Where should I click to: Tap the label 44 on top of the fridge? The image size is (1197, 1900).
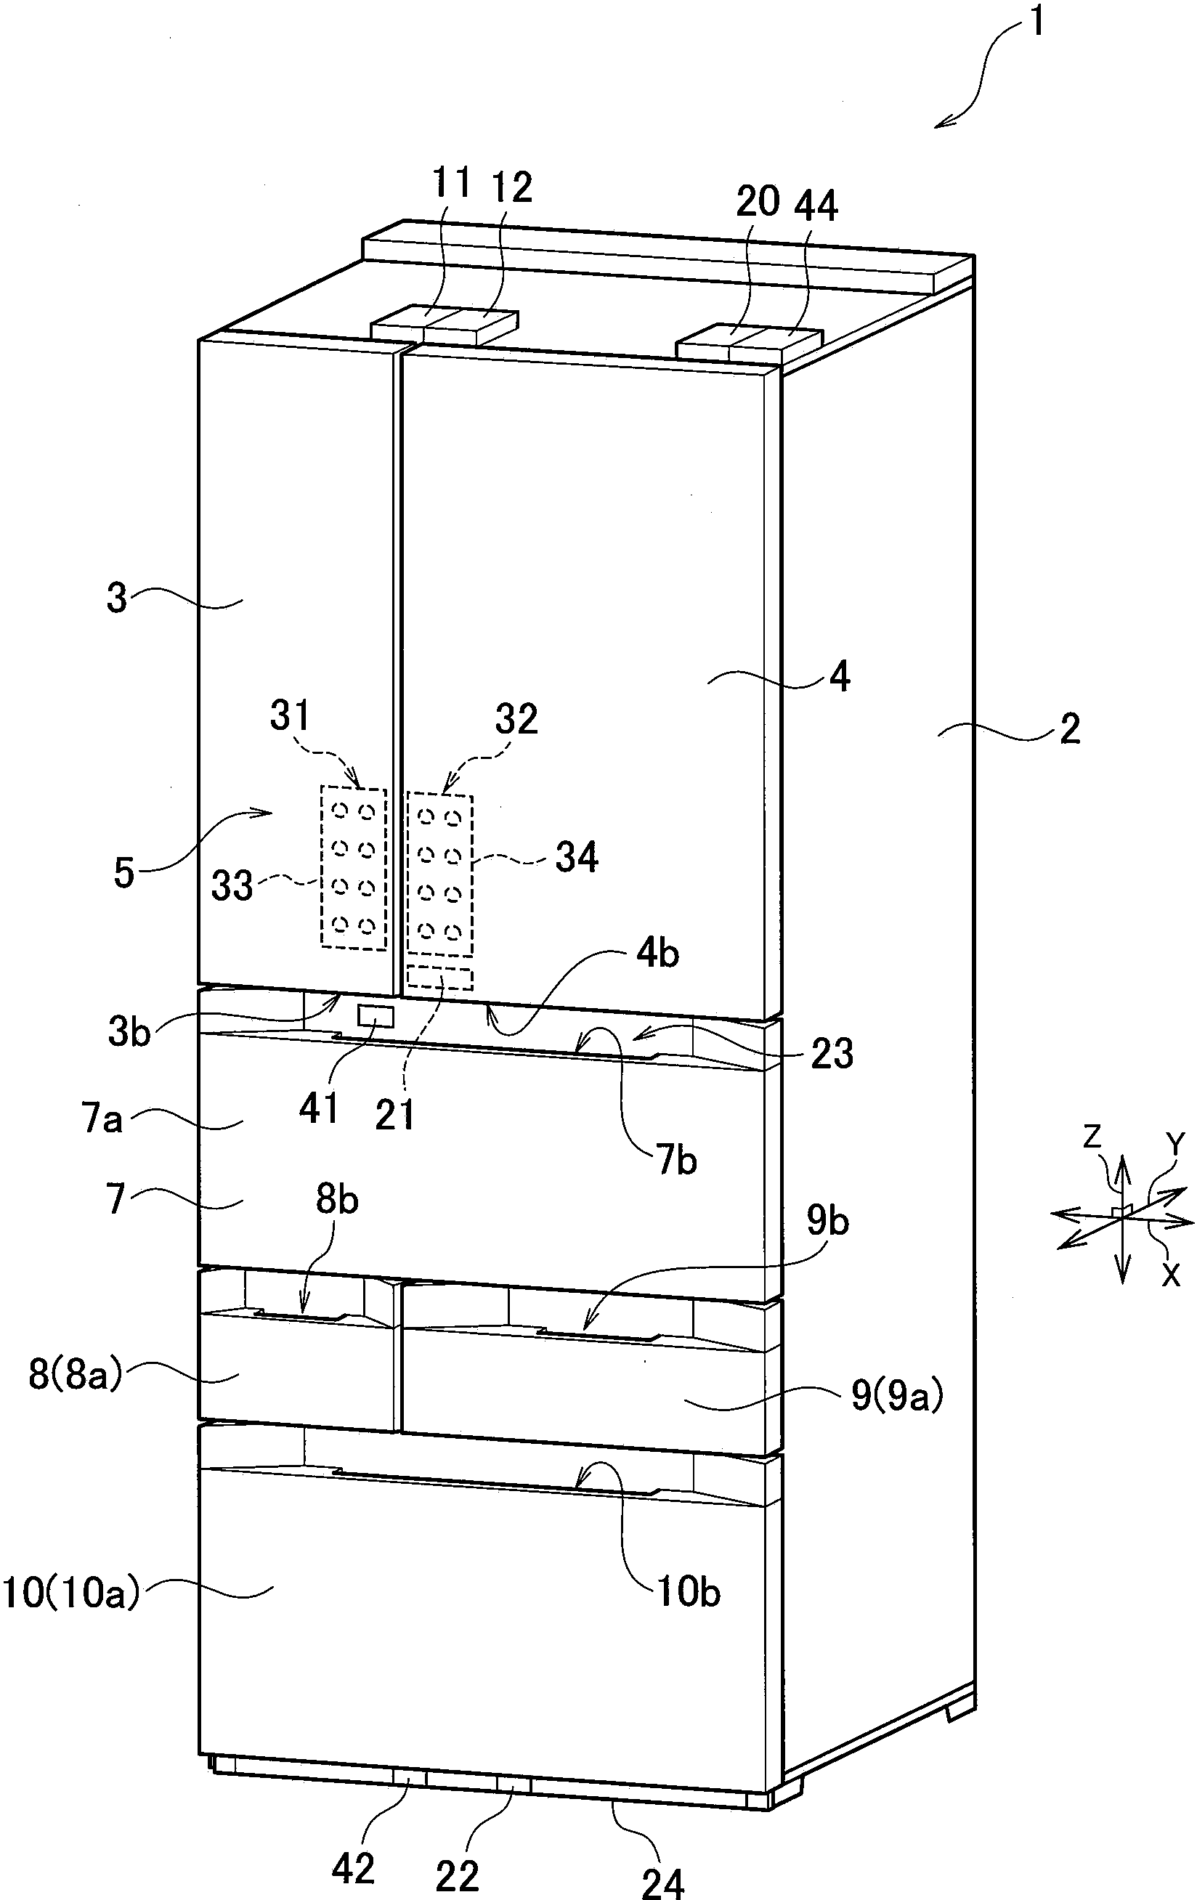click(816, 206)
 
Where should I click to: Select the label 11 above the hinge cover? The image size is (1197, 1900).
click(451, 184)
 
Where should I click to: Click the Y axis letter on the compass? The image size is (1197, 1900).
click(1176, 1144)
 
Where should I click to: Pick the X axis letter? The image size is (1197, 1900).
click(1172, 1275)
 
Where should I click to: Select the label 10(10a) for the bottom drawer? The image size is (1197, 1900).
click(71, 1593)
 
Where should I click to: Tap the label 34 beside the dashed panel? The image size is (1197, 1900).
click(577, 857)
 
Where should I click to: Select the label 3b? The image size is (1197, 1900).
click(129, 1032)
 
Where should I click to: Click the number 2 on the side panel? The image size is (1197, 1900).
click(1069, 730)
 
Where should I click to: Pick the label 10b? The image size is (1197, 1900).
click(688, 1592)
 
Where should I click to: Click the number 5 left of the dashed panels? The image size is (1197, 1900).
click(124, 874)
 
